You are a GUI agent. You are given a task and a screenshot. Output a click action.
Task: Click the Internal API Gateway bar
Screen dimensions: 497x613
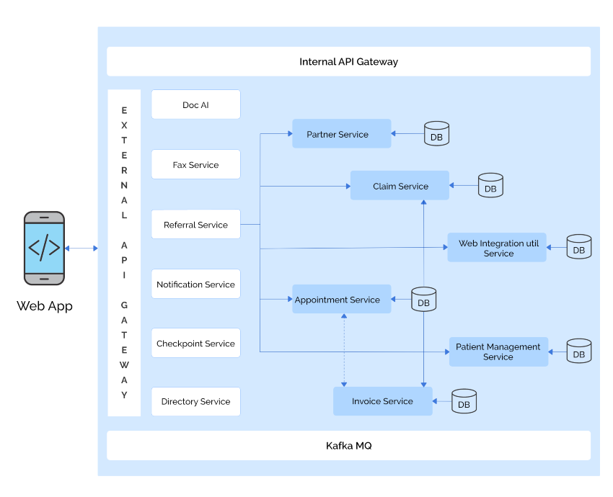click(x=348, y=62)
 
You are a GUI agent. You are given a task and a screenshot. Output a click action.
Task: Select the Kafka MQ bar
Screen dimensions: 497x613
click(x=348, y=446)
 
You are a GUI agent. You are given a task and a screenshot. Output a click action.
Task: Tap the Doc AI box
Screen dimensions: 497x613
click(x=195, y=105)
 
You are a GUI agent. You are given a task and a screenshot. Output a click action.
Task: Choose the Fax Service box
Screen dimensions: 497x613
click(x=195, y=165)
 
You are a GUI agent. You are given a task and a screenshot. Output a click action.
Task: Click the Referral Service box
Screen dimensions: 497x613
click(x=195, y=225)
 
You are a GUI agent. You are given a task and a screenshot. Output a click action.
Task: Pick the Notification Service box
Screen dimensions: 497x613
click(x=195, y=285)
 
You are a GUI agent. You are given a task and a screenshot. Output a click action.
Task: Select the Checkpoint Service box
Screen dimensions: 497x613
click(x=195, y=344)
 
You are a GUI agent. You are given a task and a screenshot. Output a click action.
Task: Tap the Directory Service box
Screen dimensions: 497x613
click(x=195, y=401)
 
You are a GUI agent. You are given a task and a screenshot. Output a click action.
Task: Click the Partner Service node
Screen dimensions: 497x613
click(x=341, y=134)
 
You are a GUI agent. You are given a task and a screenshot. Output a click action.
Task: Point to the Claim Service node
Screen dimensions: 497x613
click(x=400, y=186)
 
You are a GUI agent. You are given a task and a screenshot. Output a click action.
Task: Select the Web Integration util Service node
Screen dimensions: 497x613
click(x=498, y=248)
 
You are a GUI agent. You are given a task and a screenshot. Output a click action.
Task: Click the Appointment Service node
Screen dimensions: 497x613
click(x=341, y=300)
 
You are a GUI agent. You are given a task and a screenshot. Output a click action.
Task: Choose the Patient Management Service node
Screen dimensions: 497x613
click(x=498, y=352)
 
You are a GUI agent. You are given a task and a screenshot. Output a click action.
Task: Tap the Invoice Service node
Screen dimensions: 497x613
click(x=382, y=401)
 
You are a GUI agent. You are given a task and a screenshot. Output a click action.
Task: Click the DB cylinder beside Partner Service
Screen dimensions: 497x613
click(x=436, y=134)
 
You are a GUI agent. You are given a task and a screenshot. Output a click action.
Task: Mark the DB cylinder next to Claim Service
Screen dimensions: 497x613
click(x=490, y=186)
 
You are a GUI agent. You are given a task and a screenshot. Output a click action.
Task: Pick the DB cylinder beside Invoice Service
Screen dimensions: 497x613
click(x=464, y=401)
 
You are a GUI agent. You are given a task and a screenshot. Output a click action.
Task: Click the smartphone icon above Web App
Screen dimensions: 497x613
click(x=44, y=247)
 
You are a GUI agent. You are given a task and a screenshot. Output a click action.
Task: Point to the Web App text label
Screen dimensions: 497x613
click(x=45, y=306)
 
